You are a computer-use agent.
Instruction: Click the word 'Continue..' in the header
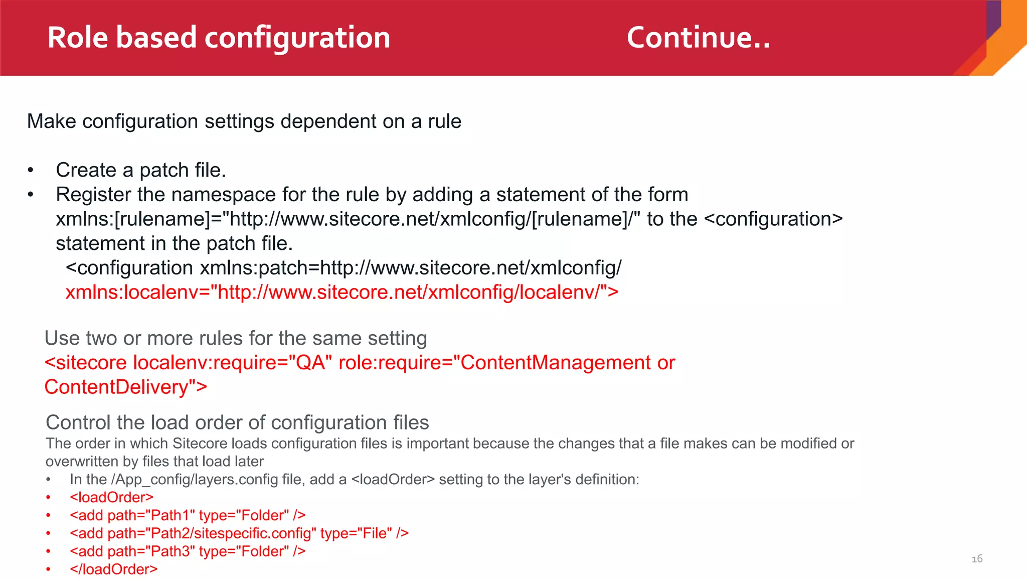tap(698, 38)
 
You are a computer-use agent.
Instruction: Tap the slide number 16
tap(977, 559)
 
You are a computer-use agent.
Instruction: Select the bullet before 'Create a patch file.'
tap(31, 171)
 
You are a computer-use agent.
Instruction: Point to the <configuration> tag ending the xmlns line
tap(773, 219)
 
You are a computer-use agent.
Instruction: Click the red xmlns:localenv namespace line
tap(341, 292)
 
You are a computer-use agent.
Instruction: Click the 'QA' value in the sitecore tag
tap(311, 363)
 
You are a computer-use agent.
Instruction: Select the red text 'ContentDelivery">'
tap(125, 387)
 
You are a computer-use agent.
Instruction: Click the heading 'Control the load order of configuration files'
tap(237, 422)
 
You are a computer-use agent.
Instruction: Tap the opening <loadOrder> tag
tap(111, 497)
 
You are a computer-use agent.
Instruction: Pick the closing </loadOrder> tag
tap(113, 569)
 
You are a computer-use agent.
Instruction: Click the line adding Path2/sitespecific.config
tap(239, 533)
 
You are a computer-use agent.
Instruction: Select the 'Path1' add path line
tap(187, 515)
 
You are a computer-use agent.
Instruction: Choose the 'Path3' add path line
tap(187, 551)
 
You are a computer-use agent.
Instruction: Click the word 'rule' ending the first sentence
tap(444, 121)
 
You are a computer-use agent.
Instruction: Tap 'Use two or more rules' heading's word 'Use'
tap(62, 338)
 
